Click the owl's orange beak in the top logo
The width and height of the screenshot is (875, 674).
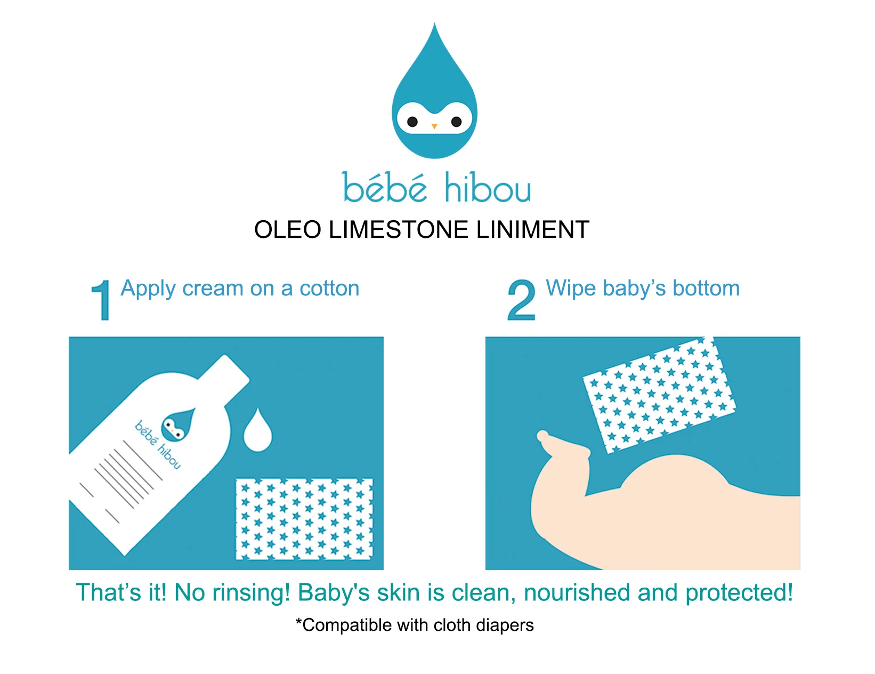[434, 126]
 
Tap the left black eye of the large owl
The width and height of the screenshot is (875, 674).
[412, 122]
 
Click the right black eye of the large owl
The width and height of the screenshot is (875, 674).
[456, 122]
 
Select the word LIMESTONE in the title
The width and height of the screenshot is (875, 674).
[399, 230]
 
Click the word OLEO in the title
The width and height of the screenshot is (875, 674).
[288, 230]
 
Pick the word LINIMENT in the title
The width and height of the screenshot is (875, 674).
[533, 230]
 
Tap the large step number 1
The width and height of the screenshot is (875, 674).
[101, 300]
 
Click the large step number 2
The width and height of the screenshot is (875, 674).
[522, 300]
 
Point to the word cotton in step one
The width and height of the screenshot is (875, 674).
[329, 288]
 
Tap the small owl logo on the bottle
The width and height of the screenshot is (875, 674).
[177, 425]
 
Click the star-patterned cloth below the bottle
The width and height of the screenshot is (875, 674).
[304, 519]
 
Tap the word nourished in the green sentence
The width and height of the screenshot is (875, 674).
[577, 592]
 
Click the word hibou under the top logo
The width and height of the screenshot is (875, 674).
[488, 188]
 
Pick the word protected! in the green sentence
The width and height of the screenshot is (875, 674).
[739, 593]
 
